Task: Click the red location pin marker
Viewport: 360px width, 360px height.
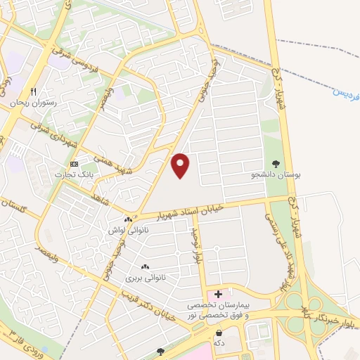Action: pyautogui.click(x=181, y=166)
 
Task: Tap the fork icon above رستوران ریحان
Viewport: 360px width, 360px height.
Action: pyautogui.click(x=32, y=92)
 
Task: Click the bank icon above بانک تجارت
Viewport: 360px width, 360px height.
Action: pyautogui.click(x=75, y=164)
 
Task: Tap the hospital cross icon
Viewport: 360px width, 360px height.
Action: pyautogui.click(x=218, y=293)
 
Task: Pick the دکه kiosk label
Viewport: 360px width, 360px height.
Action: pyautogui.click(x=219, y=343)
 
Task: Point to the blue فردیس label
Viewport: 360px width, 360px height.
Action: pyautogui.click(x=340, y=91)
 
